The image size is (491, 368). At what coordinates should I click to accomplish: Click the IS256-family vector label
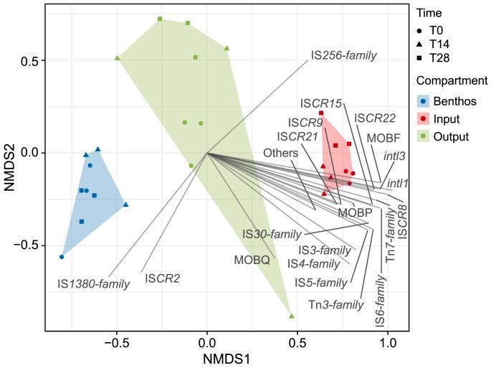tap(343, 55)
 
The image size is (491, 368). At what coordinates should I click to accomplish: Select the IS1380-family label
tap(94, 284)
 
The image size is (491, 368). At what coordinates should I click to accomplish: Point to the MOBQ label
tap(251, 260)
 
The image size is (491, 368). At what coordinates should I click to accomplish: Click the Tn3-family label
tap(336, 305)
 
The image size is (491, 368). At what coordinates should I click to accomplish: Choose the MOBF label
tap(383, 136)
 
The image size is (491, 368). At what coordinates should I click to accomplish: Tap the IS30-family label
tap(271, 234)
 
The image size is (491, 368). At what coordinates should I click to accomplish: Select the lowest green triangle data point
tap(292, 316)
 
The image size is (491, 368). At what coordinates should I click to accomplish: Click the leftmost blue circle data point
tap(62, 256)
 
